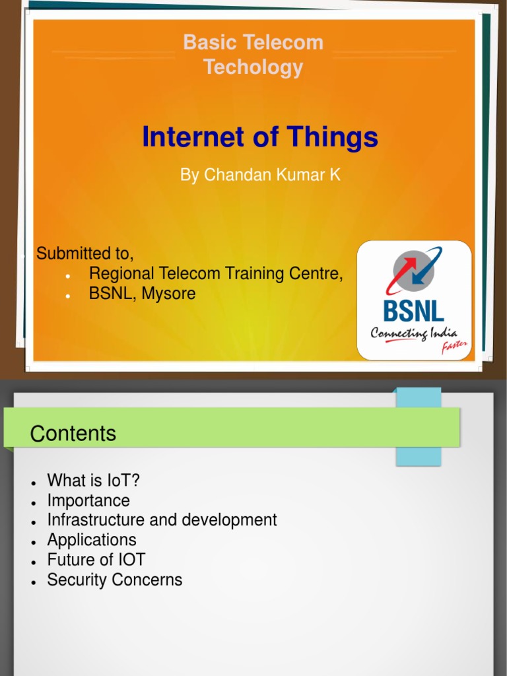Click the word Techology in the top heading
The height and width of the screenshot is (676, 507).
[253, 67]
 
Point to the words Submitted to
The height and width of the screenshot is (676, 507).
[84, 253]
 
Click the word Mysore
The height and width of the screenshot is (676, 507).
[168, 294]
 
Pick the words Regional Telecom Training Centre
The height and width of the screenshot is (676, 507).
[216, 273]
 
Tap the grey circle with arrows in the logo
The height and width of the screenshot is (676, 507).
[414, 272]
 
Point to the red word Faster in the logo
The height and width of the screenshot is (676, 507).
[455, 347]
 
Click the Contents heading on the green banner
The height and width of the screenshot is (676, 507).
[73, 434]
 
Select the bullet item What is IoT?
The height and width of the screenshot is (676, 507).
[94, 481]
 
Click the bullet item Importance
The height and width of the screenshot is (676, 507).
[88, 500]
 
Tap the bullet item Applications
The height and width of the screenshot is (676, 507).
[92, 540]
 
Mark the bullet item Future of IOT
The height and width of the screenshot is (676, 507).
[96, 560]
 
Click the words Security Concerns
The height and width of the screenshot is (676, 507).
[114, 580]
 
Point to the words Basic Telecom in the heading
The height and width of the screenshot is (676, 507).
[253, 43]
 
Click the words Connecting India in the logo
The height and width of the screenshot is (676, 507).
[413, 333]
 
